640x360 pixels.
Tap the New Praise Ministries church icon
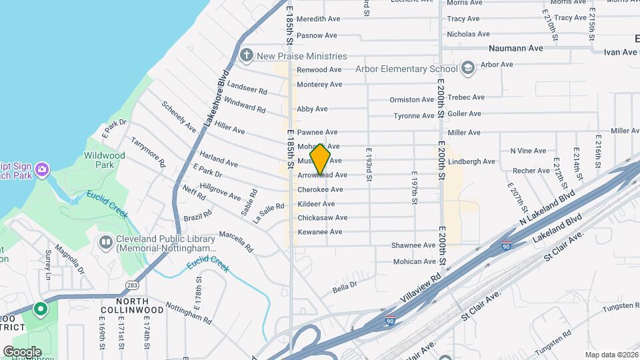tap(247, 56)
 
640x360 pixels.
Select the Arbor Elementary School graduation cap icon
tap(468, 68)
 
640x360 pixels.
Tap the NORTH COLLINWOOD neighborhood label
tap(132, 305)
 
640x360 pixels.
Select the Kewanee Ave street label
tap(319, 232)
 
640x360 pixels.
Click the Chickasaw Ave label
tap(322, 217)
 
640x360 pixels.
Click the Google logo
tap(22, 351)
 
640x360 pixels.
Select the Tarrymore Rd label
tap(147, 153)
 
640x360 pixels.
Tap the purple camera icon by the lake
tap(42, 169)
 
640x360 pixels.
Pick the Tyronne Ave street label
tap(413, 116)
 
